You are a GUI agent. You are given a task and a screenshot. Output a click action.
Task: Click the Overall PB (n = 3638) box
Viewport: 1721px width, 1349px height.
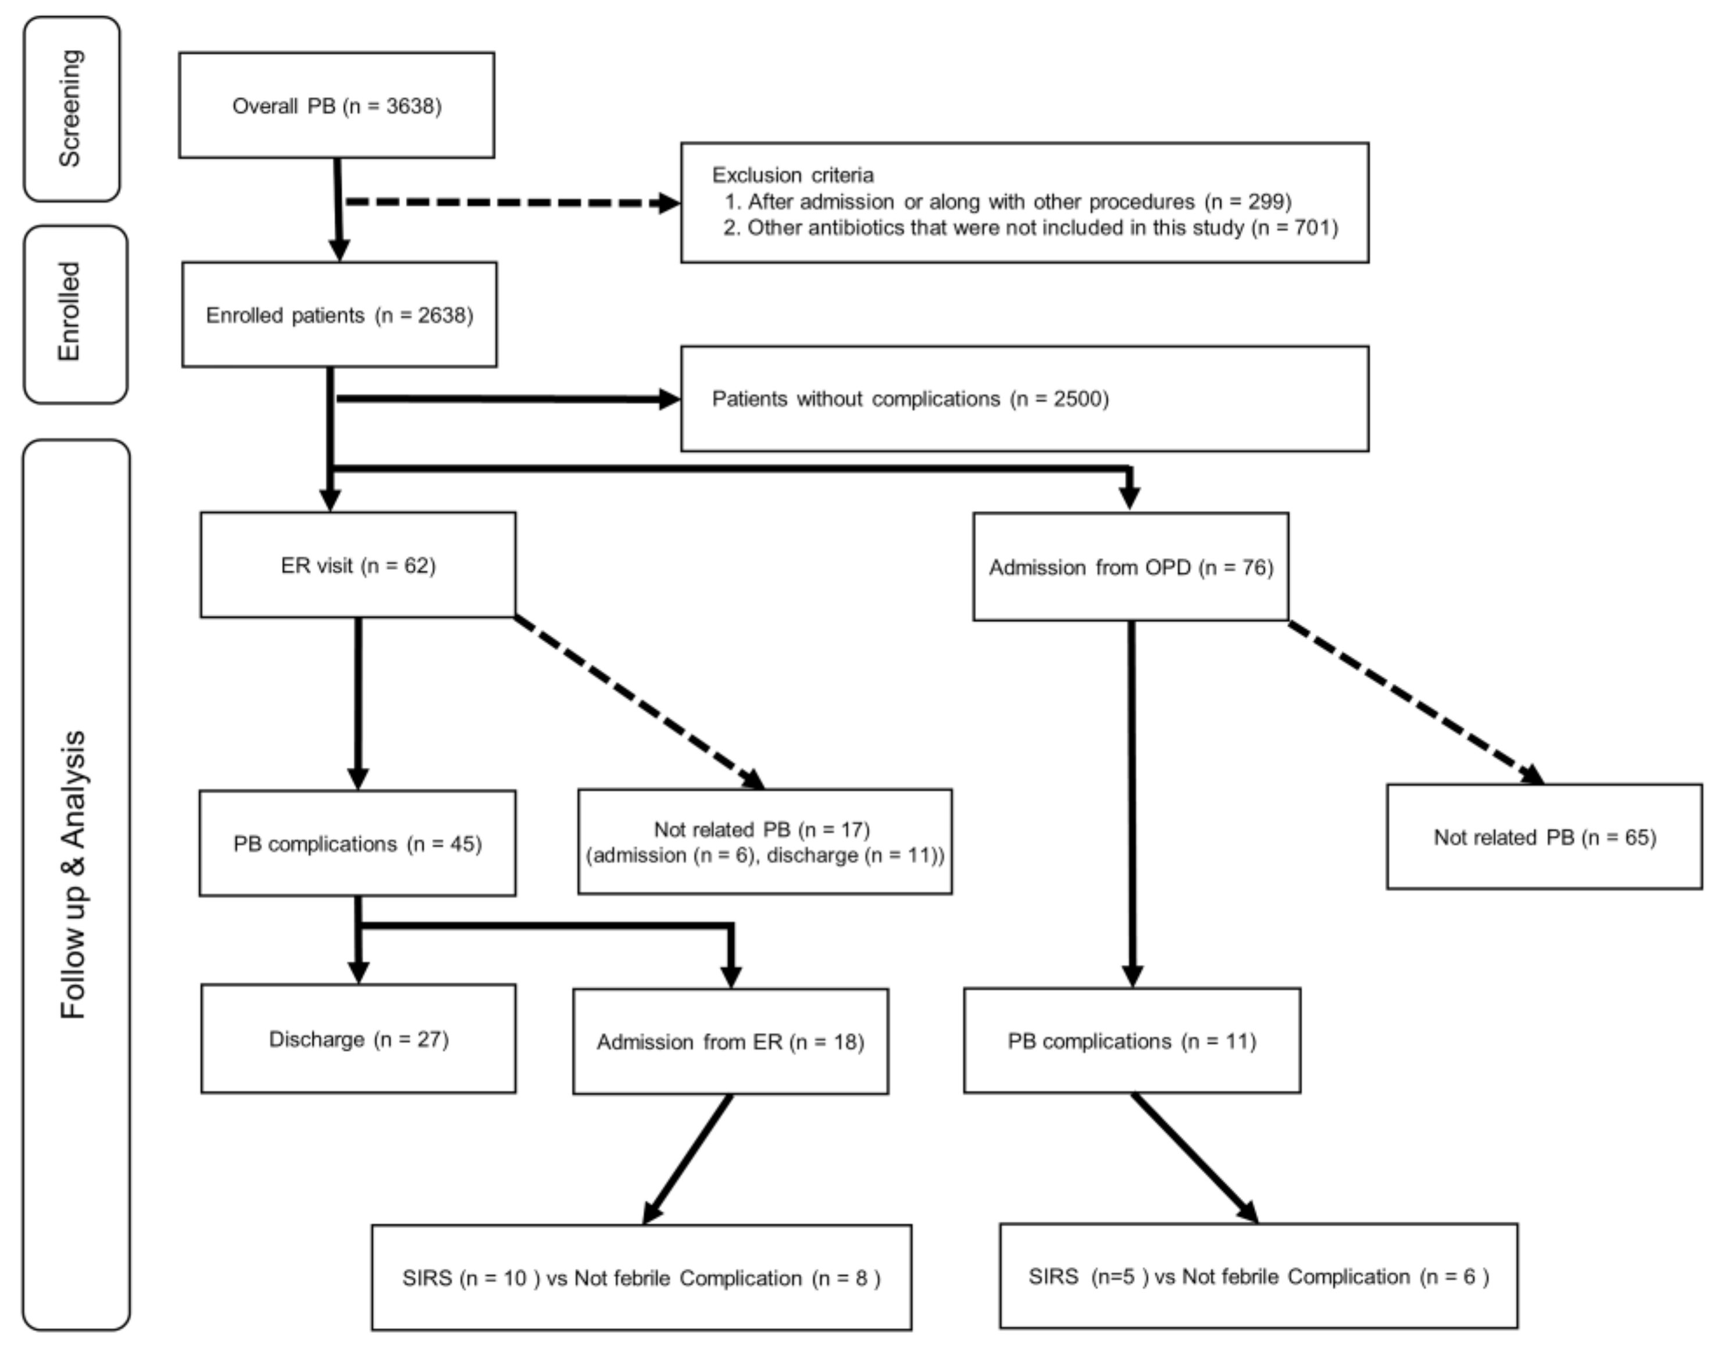(x=337, y=106)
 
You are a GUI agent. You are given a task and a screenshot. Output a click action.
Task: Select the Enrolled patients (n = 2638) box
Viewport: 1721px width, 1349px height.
(x=340, y=315)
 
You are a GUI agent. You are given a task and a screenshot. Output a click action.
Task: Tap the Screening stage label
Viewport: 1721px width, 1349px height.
(x=71, y=108)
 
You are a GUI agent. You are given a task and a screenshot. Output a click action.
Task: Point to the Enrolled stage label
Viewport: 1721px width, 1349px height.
(x=71, y=312)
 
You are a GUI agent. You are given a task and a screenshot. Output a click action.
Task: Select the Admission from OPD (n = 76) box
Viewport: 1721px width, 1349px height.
(x=1130, y=567)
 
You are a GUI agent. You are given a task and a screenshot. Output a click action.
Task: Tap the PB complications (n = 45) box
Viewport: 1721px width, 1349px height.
(x=357, y=844)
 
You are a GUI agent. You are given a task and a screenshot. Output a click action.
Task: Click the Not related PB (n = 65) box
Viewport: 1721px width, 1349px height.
(x=1544, y=837)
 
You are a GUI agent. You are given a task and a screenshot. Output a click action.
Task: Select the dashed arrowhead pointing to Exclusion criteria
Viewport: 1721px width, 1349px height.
(x=668, y=203)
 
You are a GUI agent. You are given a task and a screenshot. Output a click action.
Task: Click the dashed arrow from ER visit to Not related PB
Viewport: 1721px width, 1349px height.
(x=640, y=703)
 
